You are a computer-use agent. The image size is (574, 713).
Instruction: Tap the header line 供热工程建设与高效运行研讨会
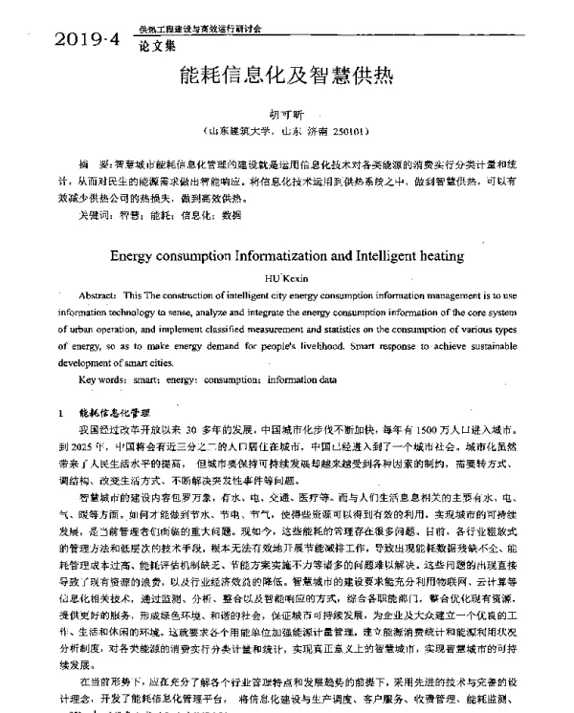click(201, 30)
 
